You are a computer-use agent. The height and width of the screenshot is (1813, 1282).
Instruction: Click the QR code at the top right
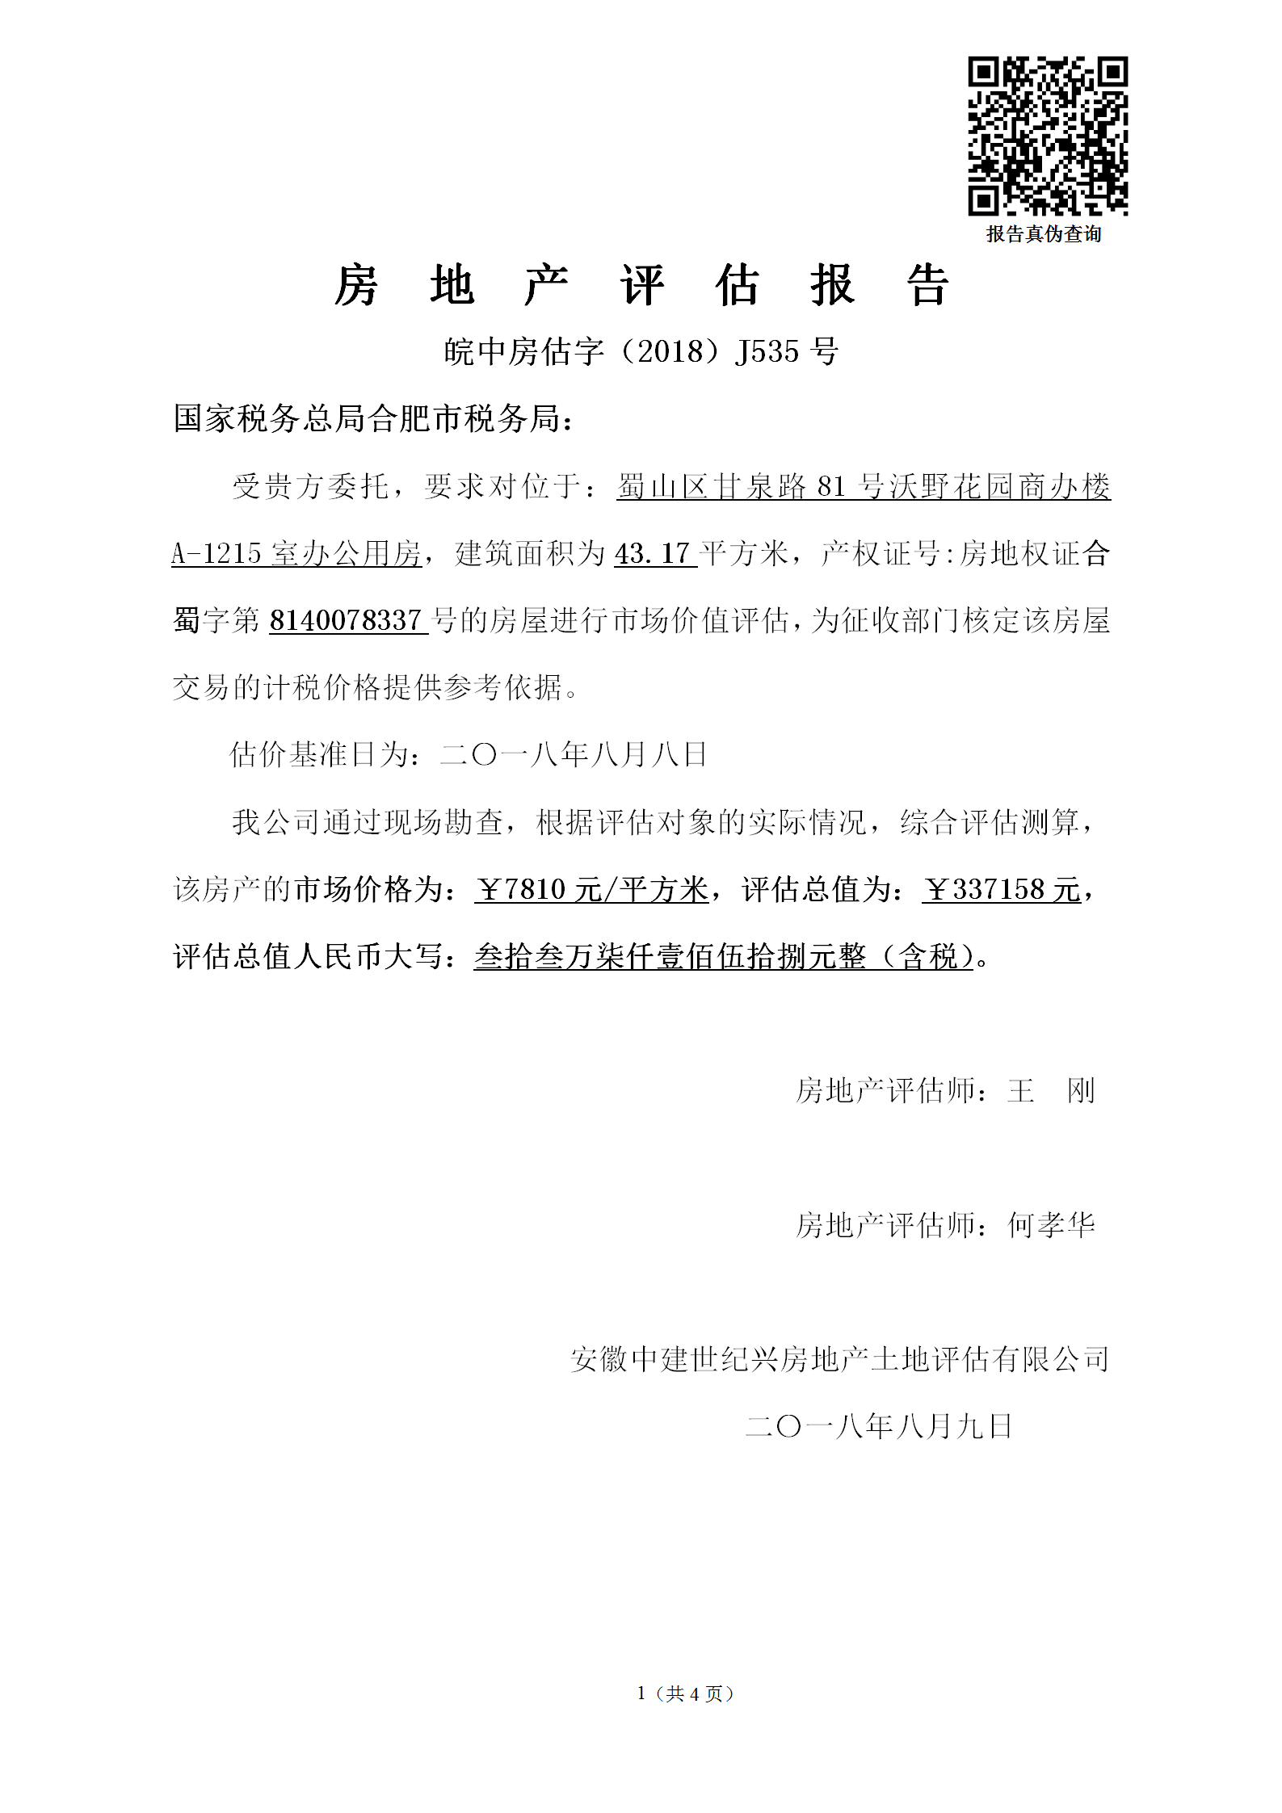(1048, 136)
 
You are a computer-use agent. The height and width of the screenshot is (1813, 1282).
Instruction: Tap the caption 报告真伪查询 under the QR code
(1044, 234)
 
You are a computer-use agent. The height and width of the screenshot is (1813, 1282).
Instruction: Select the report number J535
(767, 351)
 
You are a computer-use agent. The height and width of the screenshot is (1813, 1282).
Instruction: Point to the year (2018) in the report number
(670, 351)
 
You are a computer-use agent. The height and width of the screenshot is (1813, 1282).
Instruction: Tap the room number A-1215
(216, 554)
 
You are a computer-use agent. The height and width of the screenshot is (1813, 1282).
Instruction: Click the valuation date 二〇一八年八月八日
(574, 755)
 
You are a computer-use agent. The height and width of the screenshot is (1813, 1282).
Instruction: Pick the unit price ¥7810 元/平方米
(591, 890)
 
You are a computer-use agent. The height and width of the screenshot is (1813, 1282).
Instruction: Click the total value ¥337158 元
(1001, 890)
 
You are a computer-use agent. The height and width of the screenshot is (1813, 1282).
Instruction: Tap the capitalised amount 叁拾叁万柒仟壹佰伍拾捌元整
(670, 957)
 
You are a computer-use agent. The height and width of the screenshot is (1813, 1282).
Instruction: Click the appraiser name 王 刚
(1050, 1091)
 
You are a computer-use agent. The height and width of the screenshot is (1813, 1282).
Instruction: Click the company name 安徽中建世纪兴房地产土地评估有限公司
(839, 1359)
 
